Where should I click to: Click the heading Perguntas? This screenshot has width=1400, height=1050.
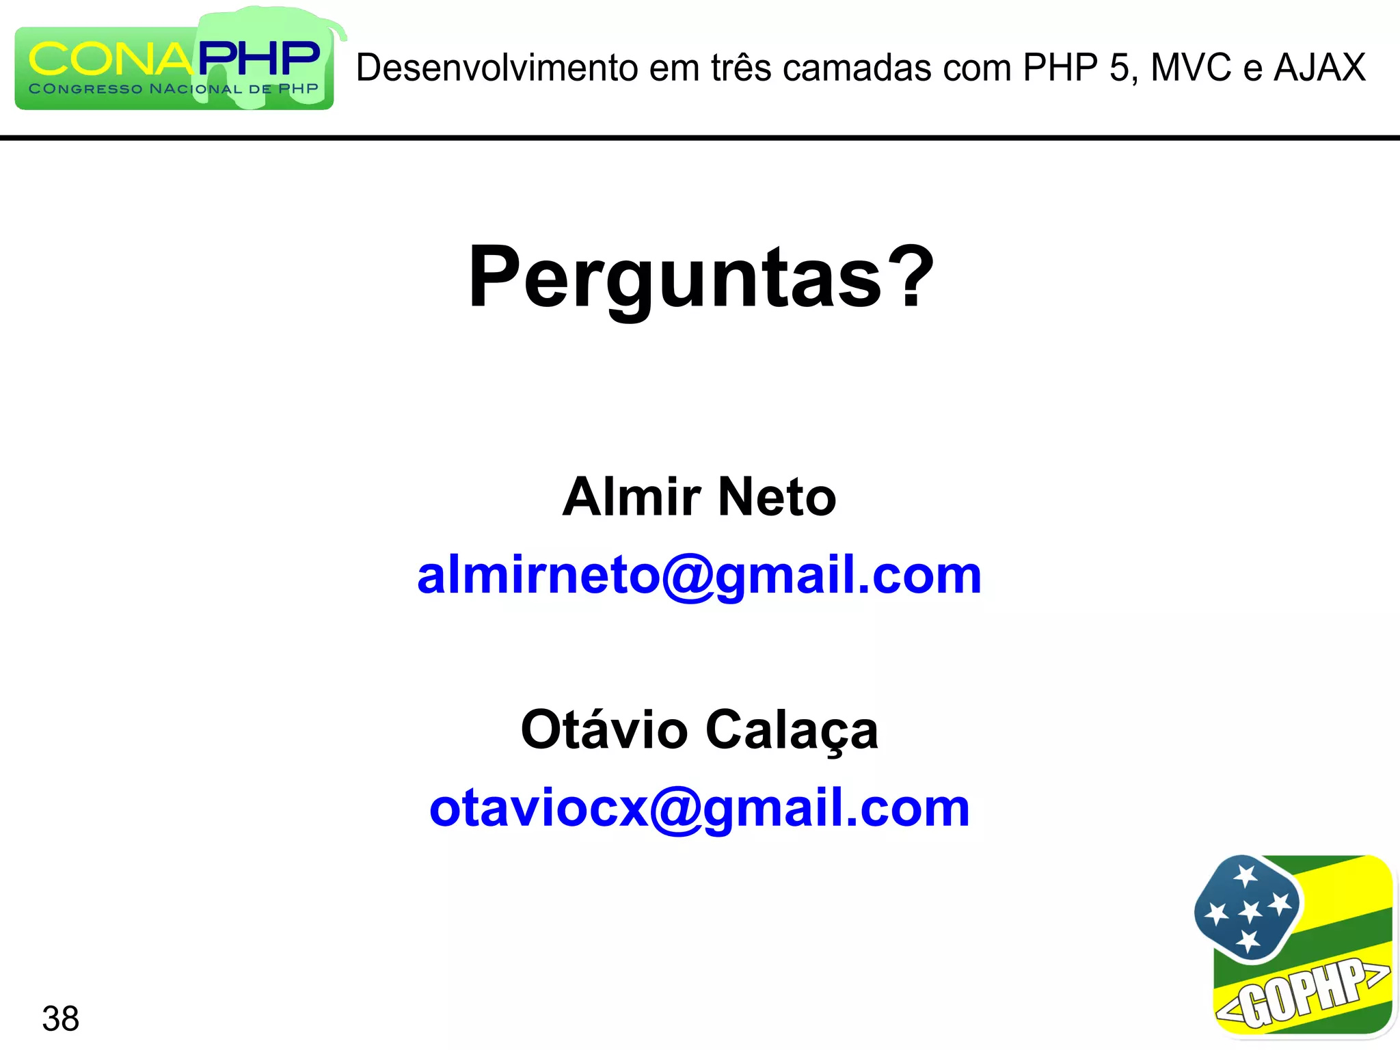(700, 278)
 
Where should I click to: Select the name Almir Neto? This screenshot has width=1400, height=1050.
(699, 497)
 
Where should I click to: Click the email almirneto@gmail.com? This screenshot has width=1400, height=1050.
(699, 576)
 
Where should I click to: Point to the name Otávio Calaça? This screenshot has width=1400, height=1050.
(699, 730)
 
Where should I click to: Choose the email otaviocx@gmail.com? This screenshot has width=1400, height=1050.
(699, 809)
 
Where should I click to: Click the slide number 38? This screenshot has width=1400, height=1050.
(61, 1019)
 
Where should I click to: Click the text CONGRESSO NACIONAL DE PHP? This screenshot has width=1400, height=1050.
(174, 89)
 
